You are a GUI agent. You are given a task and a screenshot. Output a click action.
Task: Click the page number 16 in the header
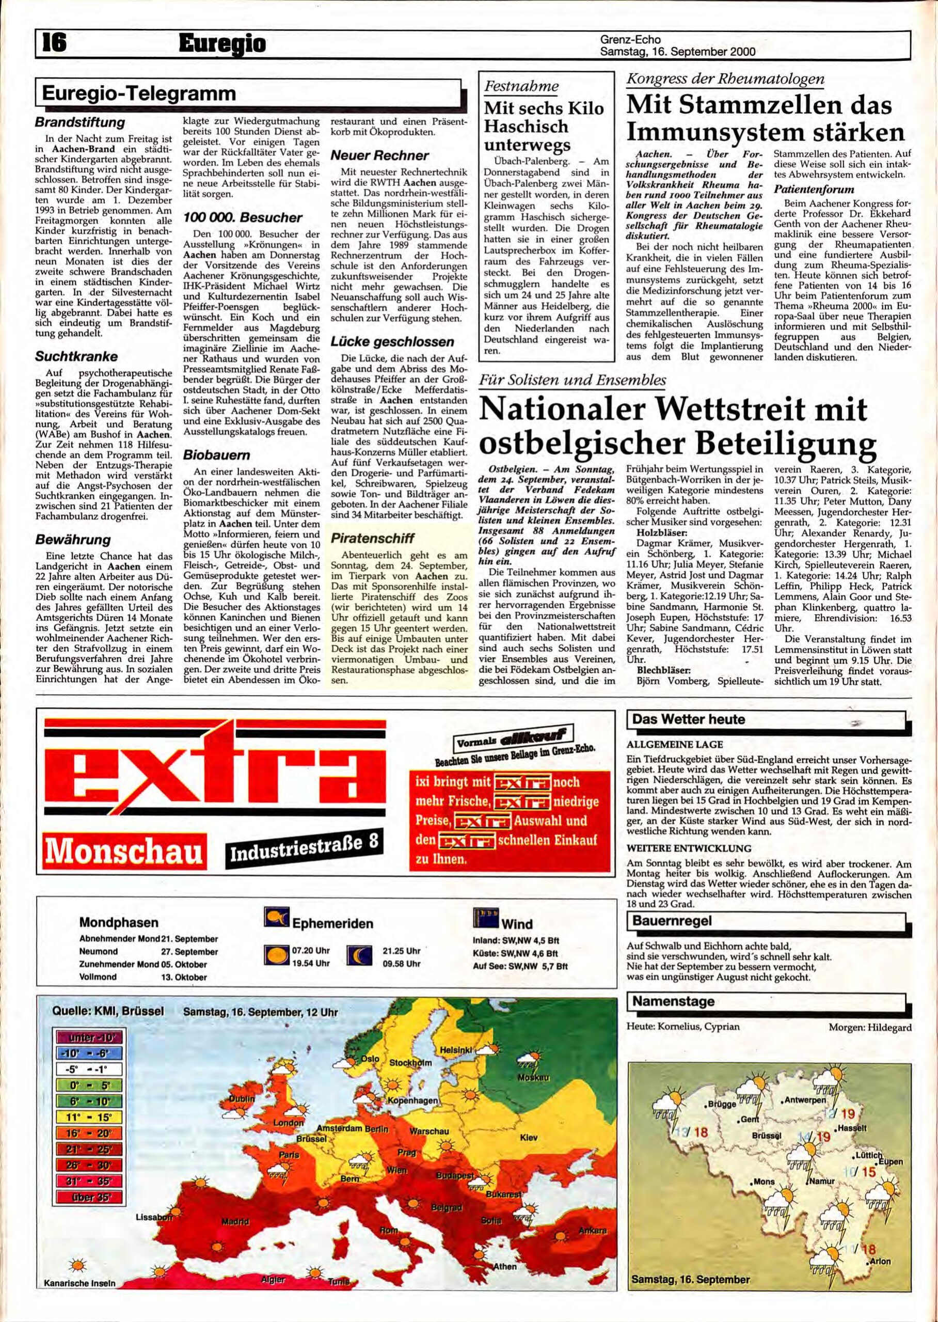[x=52, y=42]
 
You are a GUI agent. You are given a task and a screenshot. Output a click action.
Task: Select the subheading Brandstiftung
[x=80, y=122]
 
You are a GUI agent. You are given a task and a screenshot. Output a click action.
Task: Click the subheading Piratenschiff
[x=373, y=538]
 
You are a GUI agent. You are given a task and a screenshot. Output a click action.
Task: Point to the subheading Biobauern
[x=210, y=455]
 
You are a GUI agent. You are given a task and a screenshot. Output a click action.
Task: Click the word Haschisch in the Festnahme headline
[x=518, y=127]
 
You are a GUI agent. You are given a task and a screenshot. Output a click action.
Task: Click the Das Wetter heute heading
[x=689, y=719]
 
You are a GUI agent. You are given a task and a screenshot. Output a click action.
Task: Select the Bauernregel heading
[x=672, y=920]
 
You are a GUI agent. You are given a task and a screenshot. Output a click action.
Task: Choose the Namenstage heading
[x=674, y=1001]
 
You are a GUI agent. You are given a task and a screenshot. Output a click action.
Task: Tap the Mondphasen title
[x=118, y=922]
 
